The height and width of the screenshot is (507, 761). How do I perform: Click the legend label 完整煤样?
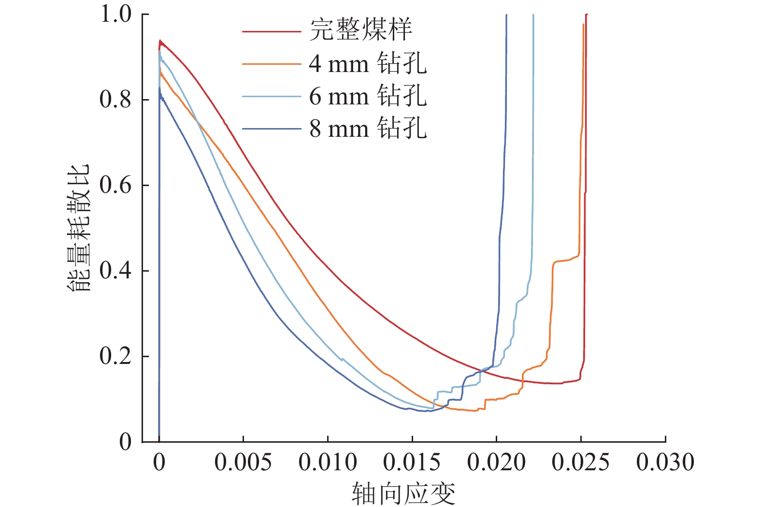tap(360, 30)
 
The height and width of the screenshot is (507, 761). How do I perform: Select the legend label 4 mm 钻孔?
tap(368, 64)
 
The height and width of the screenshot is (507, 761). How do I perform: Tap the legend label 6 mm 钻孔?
tap(368, 96)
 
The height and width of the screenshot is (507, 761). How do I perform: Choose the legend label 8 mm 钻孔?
tap(368, 129)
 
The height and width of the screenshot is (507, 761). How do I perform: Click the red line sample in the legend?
tap(271, 32)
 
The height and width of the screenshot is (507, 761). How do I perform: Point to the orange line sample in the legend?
tap(271, 64)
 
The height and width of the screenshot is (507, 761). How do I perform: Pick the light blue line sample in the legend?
tap(271, 97)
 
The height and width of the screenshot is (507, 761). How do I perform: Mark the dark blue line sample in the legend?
tap(271, 129)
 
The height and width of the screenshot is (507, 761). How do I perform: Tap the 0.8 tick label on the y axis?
tap(115, 100)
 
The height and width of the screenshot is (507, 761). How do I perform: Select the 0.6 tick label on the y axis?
tap(115, 185)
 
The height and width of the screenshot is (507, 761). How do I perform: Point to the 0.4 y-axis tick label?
tap(115, 271)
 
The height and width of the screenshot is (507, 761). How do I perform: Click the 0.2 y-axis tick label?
tap(115, 356)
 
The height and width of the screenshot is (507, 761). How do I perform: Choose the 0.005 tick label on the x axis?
tap(243, 463)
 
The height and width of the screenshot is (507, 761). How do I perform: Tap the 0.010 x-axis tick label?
tap(328, 463)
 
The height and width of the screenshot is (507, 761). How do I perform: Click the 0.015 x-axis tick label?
tap(412, 463)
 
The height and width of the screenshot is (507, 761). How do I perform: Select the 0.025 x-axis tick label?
tap(581, 463)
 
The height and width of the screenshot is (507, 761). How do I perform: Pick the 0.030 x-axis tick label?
tap(665, 463)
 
